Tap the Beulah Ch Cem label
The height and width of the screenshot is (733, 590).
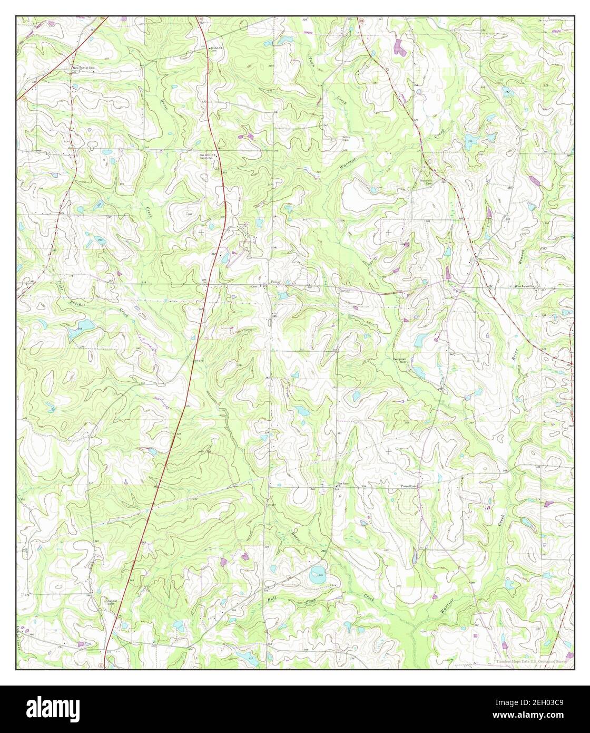pos(217,50)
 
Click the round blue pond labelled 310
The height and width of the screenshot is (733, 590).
pos(318,576)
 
